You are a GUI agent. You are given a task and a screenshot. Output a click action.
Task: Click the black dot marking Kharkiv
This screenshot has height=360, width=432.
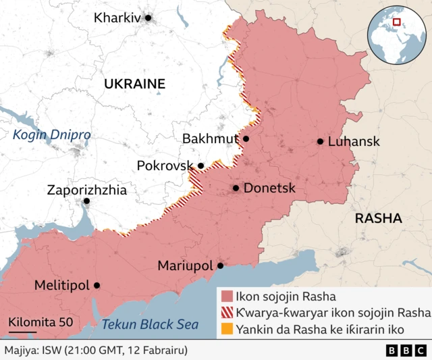[x=148, y=18]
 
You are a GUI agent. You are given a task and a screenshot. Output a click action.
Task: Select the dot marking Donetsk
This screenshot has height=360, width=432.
[x=236, y=188]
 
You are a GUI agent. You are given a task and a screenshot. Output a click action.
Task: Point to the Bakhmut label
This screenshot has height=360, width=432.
[x=210, y=139]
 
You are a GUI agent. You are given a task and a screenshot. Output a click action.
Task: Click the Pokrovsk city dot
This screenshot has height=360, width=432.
[x=200, y=165]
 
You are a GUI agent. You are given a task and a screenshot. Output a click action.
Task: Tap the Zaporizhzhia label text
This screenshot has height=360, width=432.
[x=86, y=190]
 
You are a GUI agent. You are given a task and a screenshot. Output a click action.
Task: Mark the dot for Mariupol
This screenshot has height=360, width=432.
[x=220, y=266]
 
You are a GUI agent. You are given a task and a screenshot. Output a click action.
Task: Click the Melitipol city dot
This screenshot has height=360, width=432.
[x=97, y=286]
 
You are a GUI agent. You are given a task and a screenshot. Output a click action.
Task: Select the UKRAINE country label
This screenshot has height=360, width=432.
[x=134, y=84]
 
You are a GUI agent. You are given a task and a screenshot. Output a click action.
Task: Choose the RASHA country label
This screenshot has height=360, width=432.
[x=378, y=219]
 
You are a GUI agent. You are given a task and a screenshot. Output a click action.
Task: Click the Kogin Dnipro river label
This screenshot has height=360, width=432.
[x=51, y=134]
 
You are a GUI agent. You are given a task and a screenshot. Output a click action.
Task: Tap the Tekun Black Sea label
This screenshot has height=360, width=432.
[x=150, y=325]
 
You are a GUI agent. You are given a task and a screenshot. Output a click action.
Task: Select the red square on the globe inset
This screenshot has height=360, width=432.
[x=398, y=22]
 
